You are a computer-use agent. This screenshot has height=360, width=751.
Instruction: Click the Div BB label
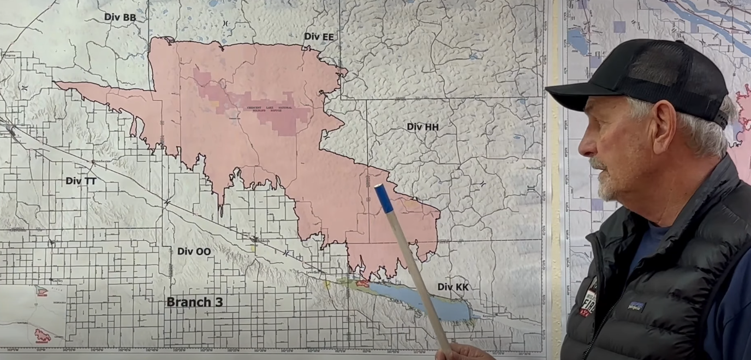point(120,17)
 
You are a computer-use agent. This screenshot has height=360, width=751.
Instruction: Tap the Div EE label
point(319,37)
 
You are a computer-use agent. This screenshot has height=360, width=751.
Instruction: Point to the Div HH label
point(422,127)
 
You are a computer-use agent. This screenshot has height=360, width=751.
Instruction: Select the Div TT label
point(81,181)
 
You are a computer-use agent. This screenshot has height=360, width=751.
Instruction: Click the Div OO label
point(194,251)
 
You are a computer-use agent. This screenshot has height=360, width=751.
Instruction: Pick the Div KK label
point(453,287)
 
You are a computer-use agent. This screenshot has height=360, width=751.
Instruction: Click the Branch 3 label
point(194,302)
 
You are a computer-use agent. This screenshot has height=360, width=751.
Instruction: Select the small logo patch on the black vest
point(636,307)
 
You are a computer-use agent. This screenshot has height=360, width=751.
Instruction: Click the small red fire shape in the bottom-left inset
point(42,335)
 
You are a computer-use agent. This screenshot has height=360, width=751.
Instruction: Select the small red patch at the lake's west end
point(363,284)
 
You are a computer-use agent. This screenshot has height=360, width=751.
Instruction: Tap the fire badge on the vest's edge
point(588,297)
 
